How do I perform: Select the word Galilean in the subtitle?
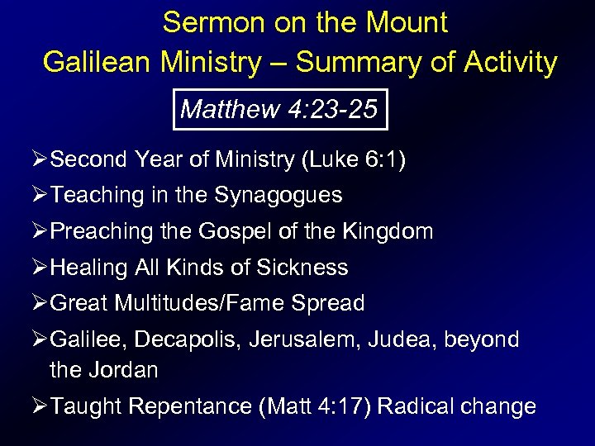coord(98,62)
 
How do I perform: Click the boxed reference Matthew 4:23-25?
coord(280,109)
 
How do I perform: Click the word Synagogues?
coord(278,196)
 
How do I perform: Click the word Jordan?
coord(125,370)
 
